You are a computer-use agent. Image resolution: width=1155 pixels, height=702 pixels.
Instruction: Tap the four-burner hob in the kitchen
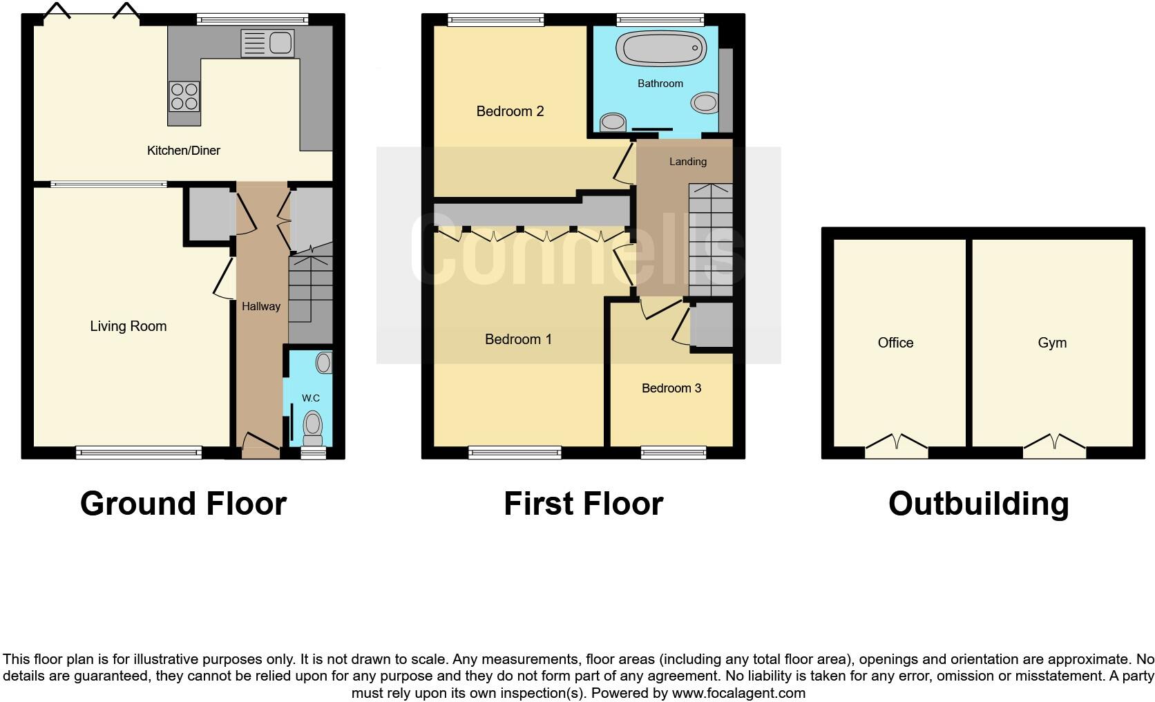(184, 96)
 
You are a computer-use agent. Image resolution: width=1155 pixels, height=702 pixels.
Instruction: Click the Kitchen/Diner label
(184, 151)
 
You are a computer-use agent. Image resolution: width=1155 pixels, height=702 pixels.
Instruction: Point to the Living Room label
(128, 326)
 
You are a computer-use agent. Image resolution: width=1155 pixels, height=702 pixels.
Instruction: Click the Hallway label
(261, 306)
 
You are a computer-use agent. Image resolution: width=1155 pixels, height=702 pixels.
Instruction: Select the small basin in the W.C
(323, 362)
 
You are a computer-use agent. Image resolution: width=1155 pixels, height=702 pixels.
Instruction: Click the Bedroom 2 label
(510, 111)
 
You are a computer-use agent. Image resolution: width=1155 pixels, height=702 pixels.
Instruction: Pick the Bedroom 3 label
(671, 388)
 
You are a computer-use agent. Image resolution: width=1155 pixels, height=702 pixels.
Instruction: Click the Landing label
(687, 162)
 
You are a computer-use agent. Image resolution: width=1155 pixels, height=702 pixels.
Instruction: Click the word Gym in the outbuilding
(1052, 343)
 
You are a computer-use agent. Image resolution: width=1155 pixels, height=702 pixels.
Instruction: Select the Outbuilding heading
(978, 504)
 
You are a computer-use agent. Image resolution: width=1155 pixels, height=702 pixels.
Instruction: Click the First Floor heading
(583, 504)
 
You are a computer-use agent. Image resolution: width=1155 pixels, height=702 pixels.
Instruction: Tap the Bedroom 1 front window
(515, 453)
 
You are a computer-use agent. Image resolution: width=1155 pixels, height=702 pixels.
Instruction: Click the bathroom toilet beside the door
(613, 123)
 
